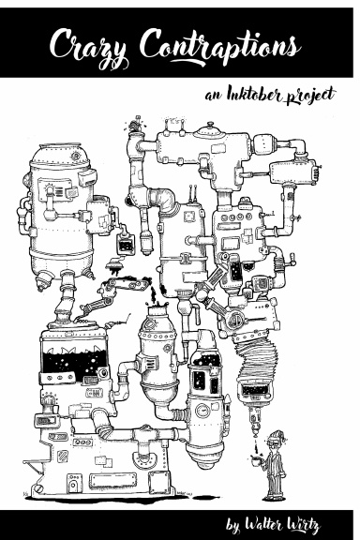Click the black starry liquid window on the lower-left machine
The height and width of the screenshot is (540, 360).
tap(72, 359)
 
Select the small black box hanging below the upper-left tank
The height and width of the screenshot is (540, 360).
tap(121, 246)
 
